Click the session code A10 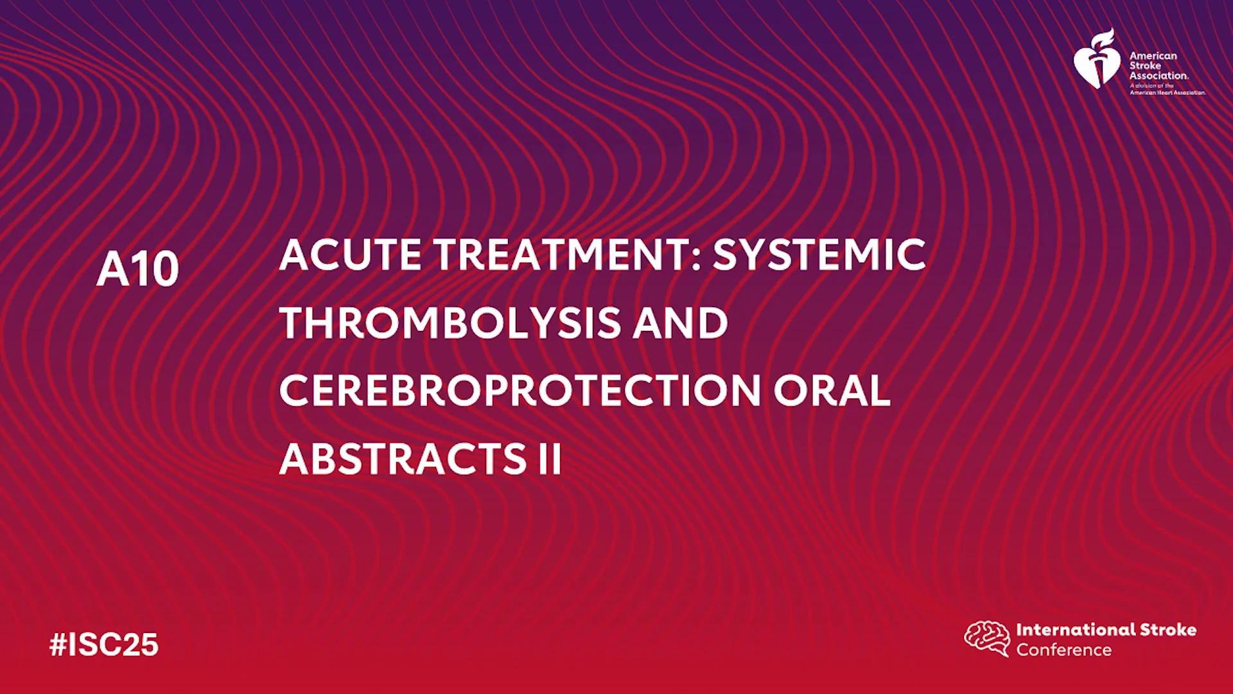coord(137,269)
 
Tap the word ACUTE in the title coord(351,254)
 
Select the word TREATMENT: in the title coord(567,254)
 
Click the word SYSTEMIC coord(819,254)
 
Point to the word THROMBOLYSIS coord(450,323)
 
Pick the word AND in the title coord(681,323)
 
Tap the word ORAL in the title coord(832,391)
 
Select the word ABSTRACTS coord(403,459)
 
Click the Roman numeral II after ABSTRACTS coord(550,459)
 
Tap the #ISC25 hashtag coord(104,645)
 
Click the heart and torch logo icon coord(1097,58)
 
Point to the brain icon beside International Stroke coord(987,638)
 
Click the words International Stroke coord(1106,630)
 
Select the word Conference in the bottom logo coord(1064,650)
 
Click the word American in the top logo coord(1153,56)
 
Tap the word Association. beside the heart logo coord(1159,75)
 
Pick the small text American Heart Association coord(1168,93)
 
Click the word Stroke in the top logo coord(1145,66)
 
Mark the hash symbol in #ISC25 coord(58,645)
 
